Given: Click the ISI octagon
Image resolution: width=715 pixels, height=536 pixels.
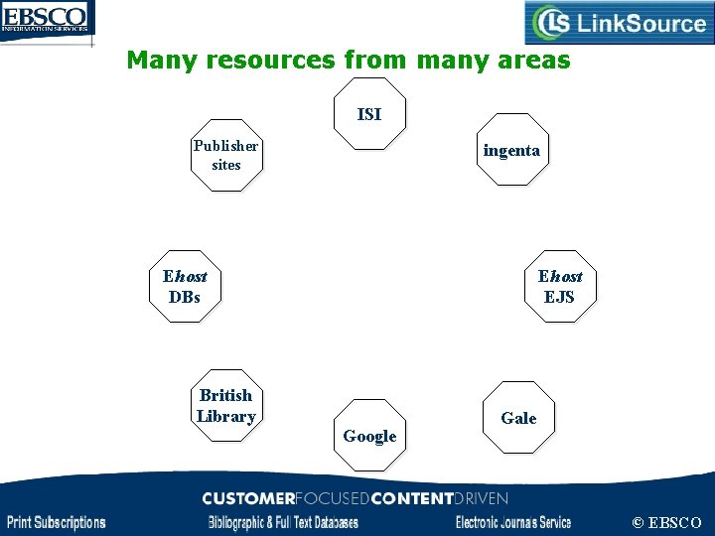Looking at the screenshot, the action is (x=368, y=114).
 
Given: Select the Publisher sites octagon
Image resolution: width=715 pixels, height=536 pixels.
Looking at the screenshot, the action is (x=226, y=155).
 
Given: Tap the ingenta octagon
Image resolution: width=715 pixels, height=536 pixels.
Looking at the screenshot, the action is (x=511, y=150).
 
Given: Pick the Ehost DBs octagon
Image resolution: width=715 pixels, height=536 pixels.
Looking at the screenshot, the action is (x=185, y=286).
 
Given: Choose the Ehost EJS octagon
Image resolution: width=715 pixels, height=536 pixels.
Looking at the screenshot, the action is (x=560, y=286).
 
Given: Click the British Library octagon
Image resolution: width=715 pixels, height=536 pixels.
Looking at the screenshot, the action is (x=226, y=405).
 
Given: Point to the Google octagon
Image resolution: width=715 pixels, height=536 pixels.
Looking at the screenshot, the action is (x=369, y=435).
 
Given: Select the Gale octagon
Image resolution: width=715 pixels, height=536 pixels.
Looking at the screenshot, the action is (x=518, y=418).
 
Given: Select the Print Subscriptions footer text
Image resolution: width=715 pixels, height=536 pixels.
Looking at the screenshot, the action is (x=57, y=522).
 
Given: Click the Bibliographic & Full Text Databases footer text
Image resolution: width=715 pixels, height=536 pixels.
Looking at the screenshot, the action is (x=283, y=522).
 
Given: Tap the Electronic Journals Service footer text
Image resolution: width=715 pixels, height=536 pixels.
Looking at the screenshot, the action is (x=513, y=522).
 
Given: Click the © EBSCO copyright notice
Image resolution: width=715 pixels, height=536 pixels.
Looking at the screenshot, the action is (x=666, y=522).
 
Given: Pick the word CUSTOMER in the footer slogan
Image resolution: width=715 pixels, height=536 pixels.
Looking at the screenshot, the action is (x=248, y=498).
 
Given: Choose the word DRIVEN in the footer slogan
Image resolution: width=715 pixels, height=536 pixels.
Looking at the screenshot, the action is (x=481, y=498).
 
